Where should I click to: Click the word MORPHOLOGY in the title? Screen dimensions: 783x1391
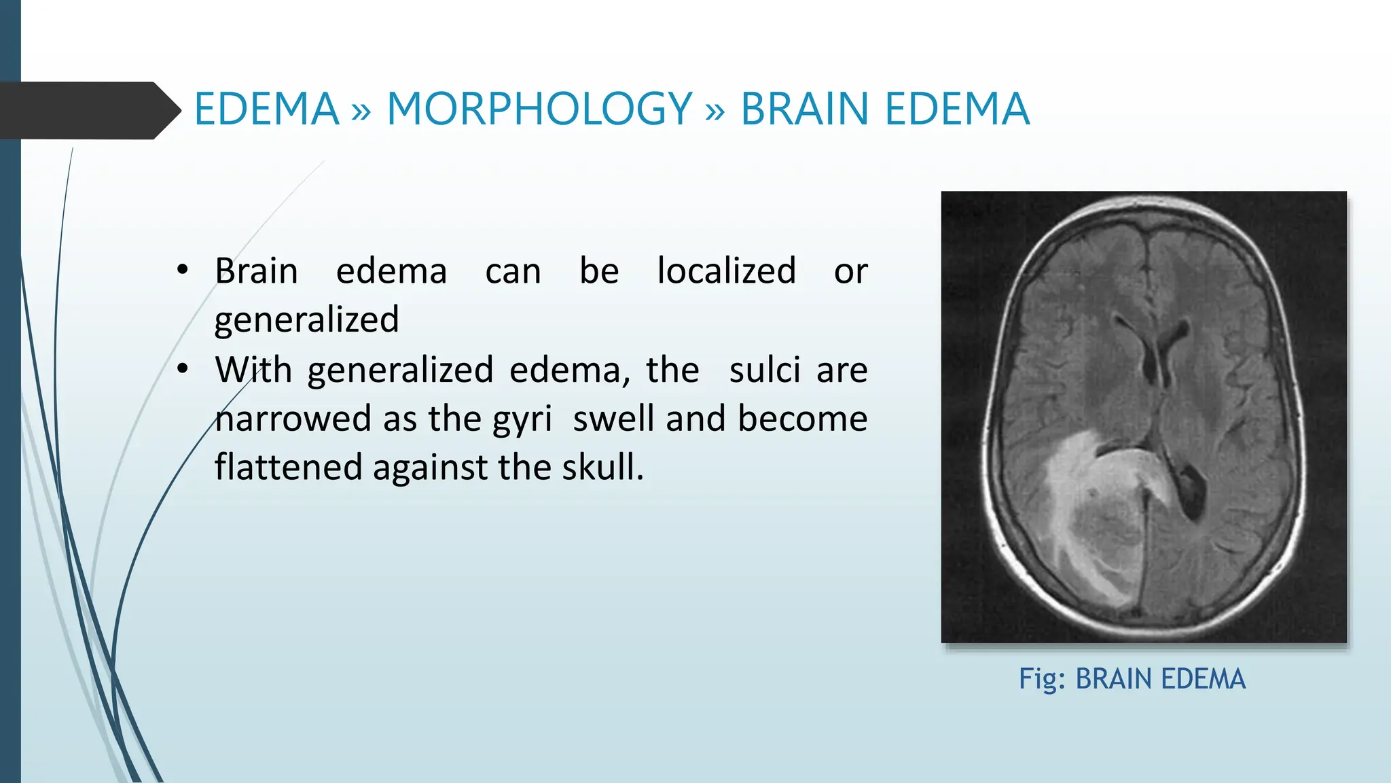click(539, 109)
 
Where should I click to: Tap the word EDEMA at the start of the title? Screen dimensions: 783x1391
click(266, 109)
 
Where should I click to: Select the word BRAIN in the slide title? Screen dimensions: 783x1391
click(806, 109)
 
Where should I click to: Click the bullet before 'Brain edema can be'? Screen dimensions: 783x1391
click(182, 271)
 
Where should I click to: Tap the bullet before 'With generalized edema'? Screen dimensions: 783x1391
click(182, 369)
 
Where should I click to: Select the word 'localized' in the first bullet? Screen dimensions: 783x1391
click(726, 271)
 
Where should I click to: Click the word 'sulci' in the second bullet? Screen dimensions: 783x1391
click(764, 370)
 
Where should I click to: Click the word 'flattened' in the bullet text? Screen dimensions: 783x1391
click(289, 468)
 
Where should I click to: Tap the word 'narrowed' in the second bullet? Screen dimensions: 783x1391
click(293, 419)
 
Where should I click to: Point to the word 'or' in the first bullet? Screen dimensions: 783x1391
click(850, 272)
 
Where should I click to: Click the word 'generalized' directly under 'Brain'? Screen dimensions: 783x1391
click(306, 320)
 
